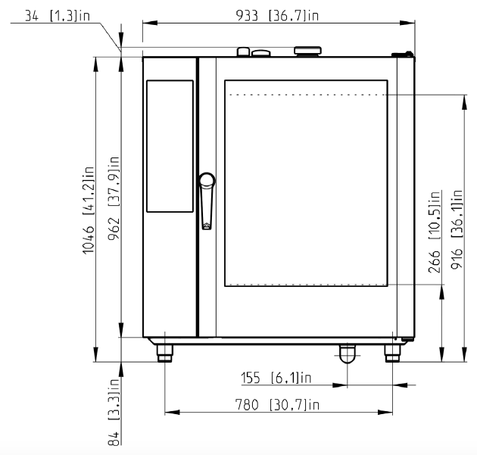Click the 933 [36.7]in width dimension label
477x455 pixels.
click(277, 15)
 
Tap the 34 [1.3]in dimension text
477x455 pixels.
click(58, 16)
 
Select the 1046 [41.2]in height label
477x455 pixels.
click(89, 210)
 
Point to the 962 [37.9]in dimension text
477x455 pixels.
click(114, 198)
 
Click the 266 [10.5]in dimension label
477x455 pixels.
click(435, 232)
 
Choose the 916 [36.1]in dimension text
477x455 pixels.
click(457, 229)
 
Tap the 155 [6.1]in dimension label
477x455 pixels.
click(276, 378)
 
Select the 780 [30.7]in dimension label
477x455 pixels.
click(277, 405)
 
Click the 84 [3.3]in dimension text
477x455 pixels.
click(114, 412)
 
